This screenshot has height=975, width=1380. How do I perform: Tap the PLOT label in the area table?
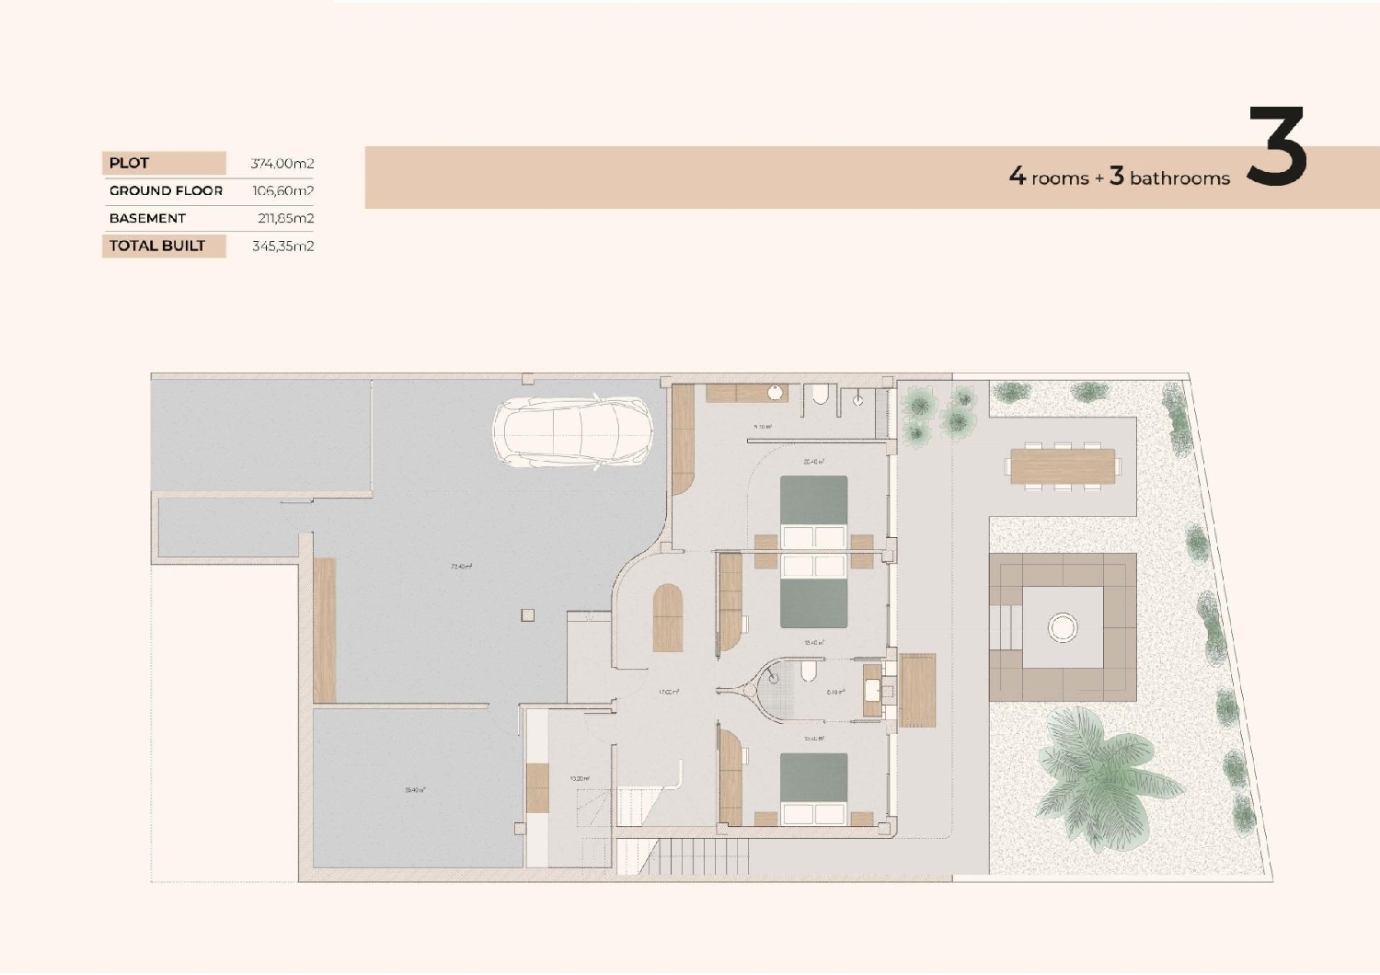pos(129,163)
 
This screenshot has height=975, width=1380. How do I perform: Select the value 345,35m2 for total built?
pos(282,247)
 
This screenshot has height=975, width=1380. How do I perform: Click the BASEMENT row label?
pos(147,218)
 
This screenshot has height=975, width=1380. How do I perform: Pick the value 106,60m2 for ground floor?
pos(282,191)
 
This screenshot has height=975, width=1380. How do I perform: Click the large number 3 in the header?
pos(1276,147)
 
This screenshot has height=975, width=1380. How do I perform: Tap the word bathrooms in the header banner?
pos(1179,178)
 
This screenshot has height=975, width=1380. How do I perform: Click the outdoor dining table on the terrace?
pos(1062,465)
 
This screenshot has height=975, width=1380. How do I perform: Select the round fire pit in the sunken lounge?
pos(1063,628)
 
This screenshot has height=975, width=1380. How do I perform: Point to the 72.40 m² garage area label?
pos(461,567)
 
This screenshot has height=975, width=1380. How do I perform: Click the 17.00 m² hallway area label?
pos(668,692)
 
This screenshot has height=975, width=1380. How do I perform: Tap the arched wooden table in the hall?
pos(668,618)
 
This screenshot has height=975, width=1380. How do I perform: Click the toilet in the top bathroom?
pos(820,396)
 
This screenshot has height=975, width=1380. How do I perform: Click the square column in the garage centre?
pos(527,615)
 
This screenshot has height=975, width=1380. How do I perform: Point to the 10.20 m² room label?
pos(579,779)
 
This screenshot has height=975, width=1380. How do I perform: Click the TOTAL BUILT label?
pos(156,246)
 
